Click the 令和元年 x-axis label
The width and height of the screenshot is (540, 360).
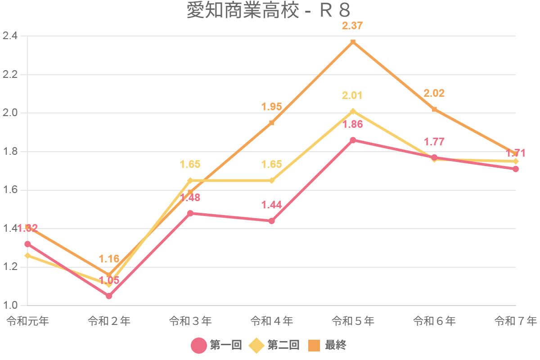pyautogui.click(x=27, y=321)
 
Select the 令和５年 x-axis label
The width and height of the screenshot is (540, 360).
pyautogui.click(x=353, y=321)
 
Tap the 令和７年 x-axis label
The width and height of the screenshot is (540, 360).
pyautogui.click(x=516, y=321)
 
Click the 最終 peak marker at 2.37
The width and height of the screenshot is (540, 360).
pyautogui.click(x=353, y=42)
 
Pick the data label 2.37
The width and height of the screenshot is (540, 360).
pyautogui.click(x=352, y=26)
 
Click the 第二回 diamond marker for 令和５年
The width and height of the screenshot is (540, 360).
pyautogui.click(x=353, y=111)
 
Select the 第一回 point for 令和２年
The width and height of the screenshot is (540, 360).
pyautogui.click(x=109, y=296)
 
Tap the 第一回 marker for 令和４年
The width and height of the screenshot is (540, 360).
pyautogui.click(x=272, y=221)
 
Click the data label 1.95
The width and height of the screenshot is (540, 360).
pyautogui.click(x=272, y=107)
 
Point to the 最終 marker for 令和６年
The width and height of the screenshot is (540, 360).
pyautogui.click(x=434, y=109)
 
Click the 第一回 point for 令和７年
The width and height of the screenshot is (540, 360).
pyautogui.click(x=516, y=169)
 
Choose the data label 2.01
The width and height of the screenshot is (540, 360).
pyautogui.click(x=352, y=95)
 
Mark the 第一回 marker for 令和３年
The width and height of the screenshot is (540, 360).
pyautogui.click(x=190, y=213)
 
